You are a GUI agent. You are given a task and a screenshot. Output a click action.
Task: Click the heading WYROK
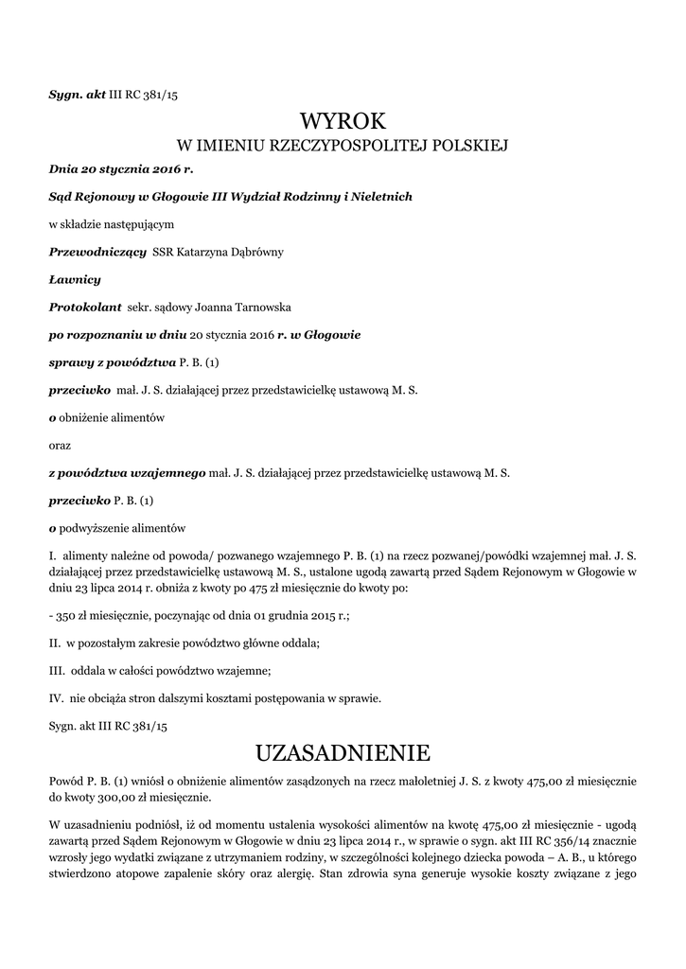tap(343, 121)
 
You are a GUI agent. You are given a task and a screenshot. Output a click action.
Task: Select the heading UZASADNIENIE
tap(343, 753)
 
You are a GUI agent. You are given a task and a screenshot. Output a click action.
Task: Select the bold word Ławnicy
tap(74, 279)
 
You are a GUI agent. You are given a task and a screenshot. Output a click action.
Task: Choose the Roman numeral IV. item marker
tap(57, 698)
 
